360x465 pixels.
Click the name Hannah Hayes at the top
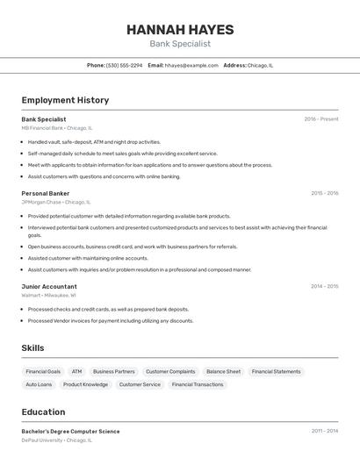[x=180, y=29]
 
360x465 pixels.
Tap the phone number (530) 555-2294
[x=124, y=65]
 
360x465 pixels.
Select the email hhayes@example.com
[x=191, y=65]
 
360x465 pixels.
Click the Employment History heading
[x=65, y=100]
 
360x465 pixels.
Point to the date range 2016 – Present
[x=321, y=119]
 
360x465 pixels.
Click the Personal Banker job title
[x=46, y=193]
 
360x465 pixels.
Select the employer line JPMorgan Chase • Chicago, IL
[x=57, y=202]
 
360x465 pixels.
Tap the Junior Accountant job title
[x=49, y=287]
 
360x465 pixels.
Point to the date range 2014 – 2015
[x=324, y=287]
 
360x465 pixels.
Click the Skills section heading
[x=32, y=348]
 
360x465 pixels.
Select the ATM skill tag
[x=76, y=371]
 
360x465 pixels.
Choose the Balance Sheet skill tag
[x=223, y=371]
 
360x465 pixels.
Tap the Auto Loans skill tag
[x=39, y=384]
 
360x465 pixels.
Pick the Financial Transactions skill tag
[x=198, y=384]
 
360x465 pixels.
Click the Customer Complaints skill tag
[x=170, y=371]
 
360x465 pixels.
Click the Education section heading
[x=43, y=412]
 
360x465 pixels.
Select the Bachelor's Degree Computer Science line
[x=70, y=432]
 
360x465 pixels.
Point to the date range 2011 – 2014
[x=324, y=432]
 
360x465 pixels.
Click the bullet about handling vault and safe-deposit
[x=94, y=142]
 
